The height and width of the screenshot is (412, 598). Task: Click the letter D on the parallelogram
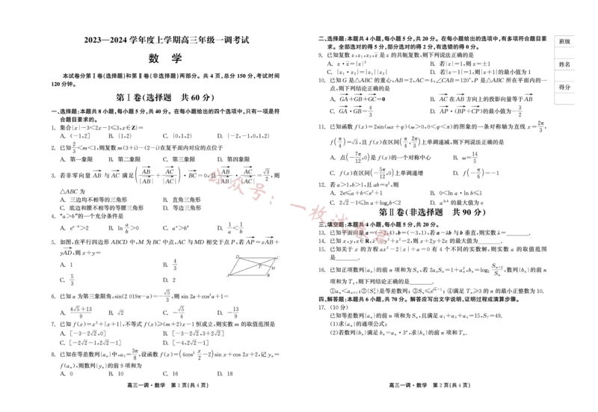click(237, 256)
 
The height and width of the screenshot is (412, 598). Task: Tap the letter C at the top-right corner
click(277, 258)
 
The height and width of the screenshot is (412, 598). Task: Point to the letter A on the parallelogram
click(228, 276)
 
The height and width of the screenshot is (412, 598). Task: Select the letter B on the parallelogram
click(268, 276)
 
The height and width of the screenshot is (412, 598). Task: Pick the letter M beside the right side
click(274, 268)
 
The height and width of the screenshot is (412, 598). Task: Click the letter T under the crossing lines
click(260, 267)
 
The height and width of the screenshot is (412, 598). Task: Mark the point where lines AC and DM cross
click(259, 264)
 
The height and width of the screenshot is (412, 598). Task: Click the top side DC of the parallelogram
click(257, 258)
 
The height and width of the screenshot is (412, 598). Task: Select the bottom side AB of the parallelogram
click(248, 275)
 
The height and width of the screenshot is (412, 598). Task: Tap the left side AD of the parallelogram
click(234, 266)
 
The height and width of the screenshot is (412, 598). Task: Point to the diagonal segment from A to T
click(244, 269)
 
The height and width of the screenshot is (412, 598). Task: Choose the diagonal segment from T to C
click(268, 261)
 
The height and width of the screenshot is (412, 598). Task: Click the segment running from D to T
click(250, 261)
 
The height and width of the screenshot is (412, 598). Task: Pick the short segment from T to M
click(265, 265)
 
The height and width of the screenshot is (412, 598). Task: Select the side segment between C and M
click(273, 262)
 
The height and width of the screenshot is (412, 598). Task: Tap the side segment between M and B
click(268, 271)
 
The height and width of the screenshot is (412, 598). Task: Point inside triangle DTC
click(258, 260)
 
